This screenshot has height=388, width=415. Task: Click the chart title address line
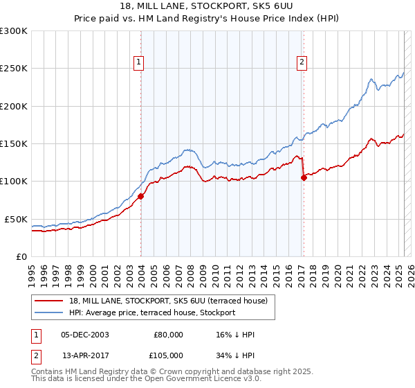207,6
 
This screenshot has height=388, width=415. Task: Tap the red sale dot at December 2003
140,196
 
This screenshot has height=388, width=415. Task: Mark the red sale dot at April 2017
304,177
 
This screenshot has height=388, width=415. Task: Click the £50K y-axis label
17,219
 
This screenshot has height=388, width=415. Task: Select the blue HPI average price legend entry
151,312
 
